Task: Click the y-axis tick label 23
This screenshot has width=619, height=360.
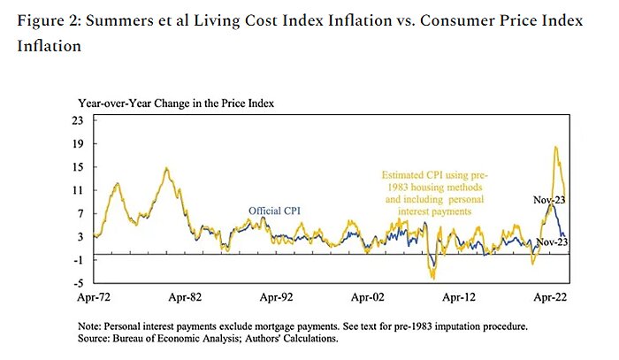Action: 78,120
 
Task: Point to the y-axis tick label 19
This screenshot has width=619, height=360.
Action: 78,143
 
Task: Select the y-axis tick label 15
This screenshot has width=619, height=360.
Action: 78,166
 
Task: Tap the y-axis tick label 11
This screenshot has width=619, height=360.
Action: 78,190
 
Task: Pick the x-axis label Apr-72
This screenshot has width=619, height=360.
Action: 94,299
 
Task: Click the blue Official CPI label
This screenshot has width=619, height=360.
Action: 273,210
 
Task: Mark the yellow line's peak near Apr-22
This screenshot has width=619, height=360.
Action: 555,147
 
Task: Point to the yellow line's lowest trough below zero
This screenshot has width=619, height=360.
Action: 432,278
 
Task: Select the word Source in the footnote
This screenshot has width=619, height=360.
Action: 96,338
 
